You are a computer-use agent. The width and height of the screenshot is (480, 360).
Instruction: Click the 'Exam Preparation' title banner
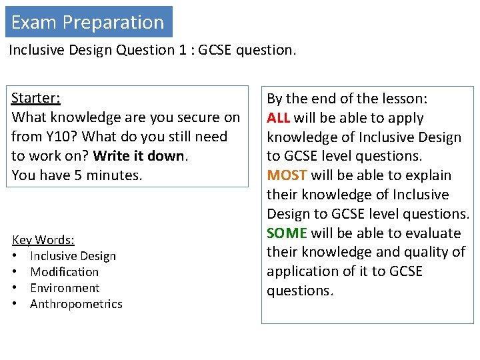tap(88, 22)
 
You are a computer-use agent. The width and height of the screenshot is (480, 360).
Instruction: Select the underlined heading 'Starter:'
tap(36, 98)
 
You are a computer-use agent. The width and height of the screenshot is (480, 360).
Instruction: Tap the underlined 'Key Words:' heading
tap(43, 240)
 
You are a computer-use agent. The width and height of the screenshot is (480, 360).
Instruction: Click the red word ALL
tap(279, 118)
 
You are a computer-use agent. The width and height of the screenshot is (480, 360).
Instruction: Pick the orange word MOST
tap(286, 175)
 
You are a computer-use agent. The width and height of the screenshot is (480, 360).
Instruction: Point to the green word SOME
tap(287, 233)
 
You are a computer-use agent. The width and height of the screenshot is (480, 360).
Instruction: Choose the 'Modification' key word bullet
tap(64, 272)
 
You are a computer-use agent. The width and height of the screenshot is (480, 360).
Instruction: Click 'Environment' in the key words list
tap(65, 288)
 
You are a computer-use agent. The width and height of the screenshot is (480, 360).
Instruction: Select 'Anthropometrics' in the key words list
tap(76, 304)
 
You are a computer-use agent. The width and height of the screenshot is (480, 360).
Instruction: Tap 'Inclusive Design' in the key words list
tap(73, 256)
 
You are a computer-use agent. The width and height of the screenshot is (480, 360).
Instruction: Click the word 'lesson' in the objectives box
tap(403, 99)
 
